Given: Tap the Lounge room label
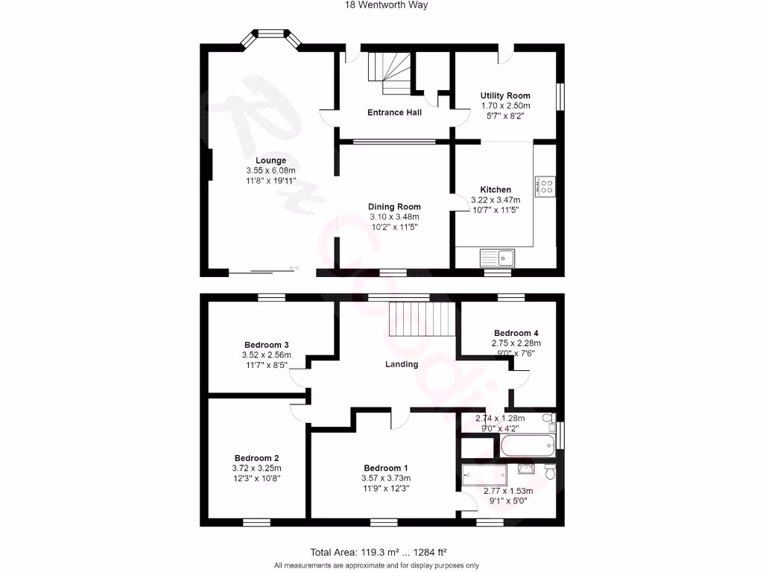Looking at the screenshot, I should click(x=270, y=160).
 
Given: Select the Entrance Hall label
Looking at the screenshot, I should click(x=394, y=112).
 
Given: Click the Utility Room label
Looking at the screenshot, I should click(x=505, y=95).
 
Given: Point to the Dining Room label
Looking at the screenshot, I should click(x=394, y=206).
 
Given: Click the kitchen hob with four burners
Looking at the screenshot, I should click(x=545, y=185).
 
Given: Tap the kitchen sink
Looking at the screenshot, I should click(x=497, y=258).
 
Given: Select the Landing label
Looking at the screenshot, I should click(x=401, y=364).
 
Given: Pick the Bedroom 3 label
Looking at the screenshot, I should click(x=266, y=345).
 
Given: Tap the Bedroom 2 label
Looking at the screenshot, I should click(x=256, y=458).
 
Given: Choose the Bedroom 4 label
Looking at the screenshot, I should click(x=516, y=333).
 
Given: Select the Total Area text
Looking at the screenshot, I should click(x=378, y=552).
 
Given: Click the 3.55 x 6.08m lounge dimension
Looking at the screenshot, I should click(x=270, y=171).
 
